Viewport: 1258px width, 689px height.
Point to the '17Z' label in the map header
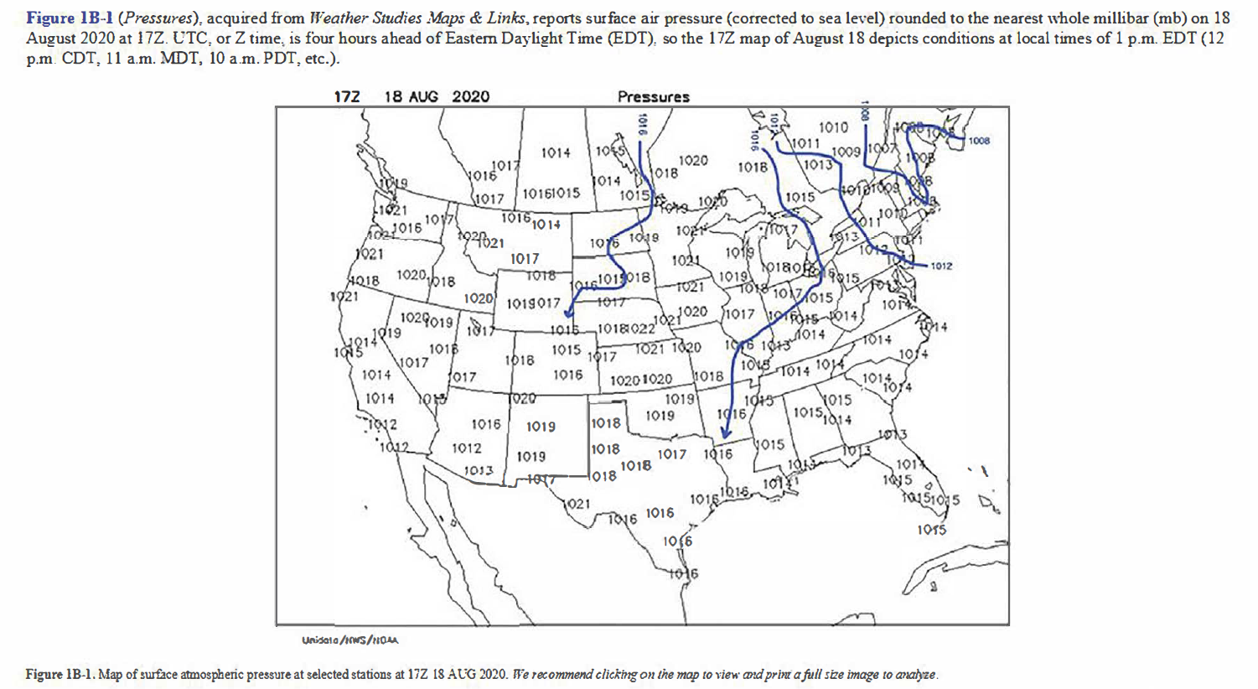[x=346, y=96]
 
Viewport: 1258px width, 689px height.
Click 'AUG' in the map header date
[x=423, y=96]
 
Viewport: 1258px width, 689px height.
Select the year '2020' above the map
[x=470, y=96]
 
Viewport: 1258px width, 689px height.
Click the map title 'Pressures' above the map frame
[x=653, y=96]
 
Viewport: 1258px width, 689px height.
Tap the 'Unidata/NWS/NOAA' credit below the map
[x=349, y=640]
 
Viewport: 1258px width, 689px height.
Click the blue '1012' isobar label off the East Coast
[x=941, y=266]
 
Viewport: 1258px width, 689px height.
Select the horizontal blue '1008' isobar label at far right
[x=979, y=141]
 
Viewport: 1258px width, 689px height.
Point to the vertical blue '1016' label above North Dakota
[x=642, y=125]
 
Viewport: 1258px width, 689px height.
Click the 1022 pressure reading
[x=641, y=329]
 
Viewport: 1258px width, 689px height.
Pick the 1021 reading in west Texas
[x=577, y=504]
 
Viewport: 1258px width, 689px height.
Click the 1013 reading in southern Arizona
[x=479, y=470]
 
